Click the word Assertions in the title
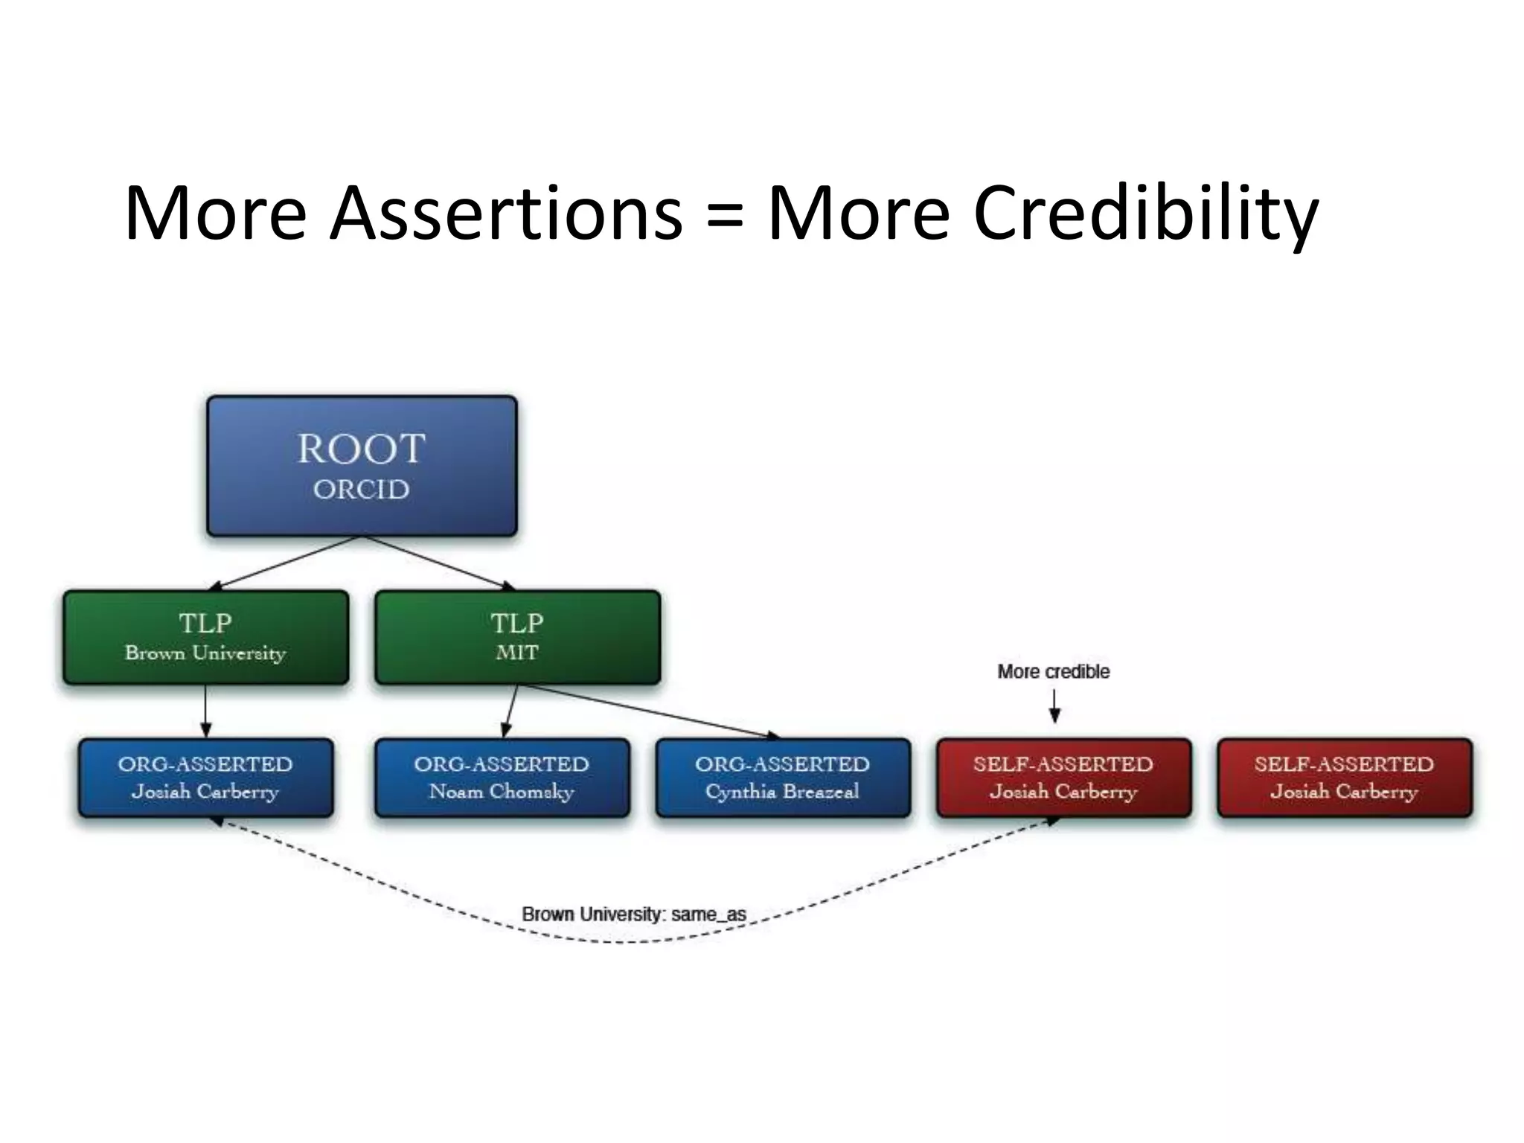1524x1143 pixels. (x=506, y=214)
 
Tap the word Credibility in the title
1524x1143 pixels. (x=1146, y=214)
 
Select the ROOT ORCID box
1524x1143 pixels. (x=362, y=466)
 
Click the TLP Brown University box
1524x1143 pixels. (x=206, y=638)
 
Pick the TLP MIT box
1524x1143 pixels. (x=517, y=638)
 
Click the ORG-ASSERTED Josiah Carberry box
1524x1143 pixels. (x=206, y=778)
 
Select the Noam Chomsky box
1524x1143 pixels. (x=502, y=778)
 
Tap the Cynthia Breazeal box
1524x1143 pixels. (x=783, y=778)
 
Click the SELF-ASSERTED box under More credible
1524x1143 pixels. (x=1063, y=778)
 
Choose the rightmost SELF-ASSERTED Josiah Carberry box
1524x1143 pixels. (x=1344, y=778)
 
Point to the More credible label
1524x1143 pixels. (x=1053, y=671)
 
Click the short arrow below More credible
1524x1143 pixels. (x=1054, y=705)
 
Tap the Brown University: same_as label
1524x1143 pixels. (x=633, y=914)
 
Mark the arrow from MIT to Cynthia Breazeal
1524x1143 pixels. (x=647, y=711)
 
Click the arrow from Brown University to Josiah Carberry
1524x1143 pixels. (x=206, y=711)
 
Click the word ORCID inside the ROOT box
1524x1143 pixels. (x=362, y=490)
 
